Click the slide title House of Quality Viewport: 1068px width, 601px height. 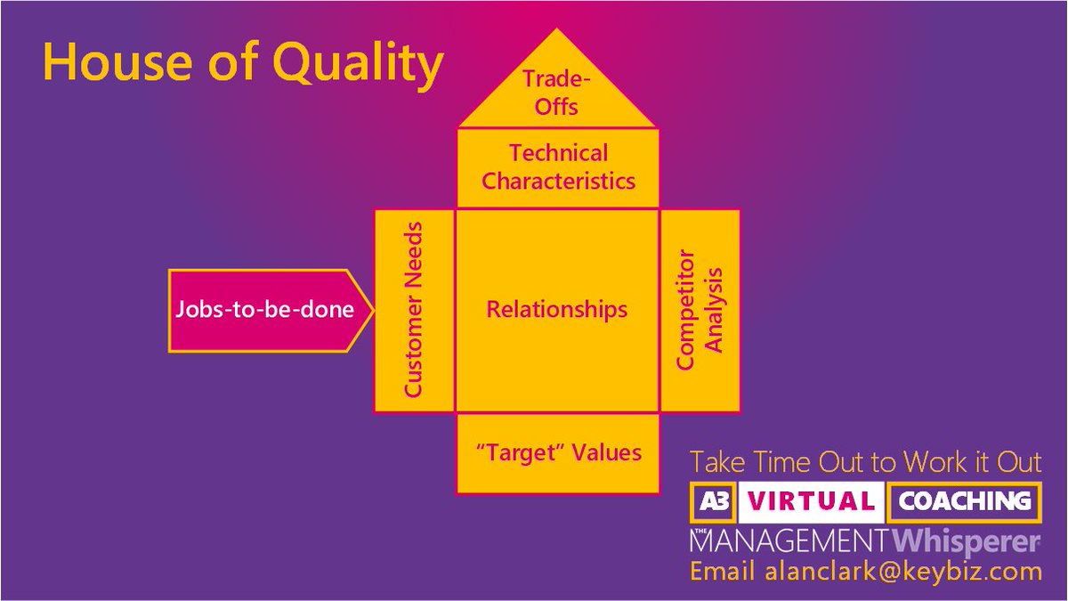coord(242,64)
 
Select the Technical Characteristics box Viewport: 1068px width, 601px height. coord(558,167)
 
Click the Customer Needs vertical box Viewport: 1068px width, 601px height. coord(414,311)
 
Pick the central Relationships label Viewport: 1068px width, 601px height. coord(556,310)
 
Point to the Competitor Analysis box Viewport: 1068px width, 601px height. coord(700,311)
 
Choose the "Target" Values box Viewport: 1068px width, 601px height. coord(558,452)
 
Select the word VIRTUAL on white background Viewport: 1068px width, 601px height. coord(811,501)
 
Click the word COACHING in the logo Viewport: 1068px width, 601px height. coord(965,501)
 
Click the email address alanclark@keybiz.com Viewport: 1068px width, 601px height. coord(902,571)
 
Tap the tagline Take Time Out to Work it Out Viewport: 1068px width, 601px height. coord(865,463)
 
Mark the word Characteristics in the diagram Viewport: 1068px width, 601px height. coord(558,181)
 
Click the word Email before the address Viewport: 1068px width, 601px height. coord(724,571)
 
